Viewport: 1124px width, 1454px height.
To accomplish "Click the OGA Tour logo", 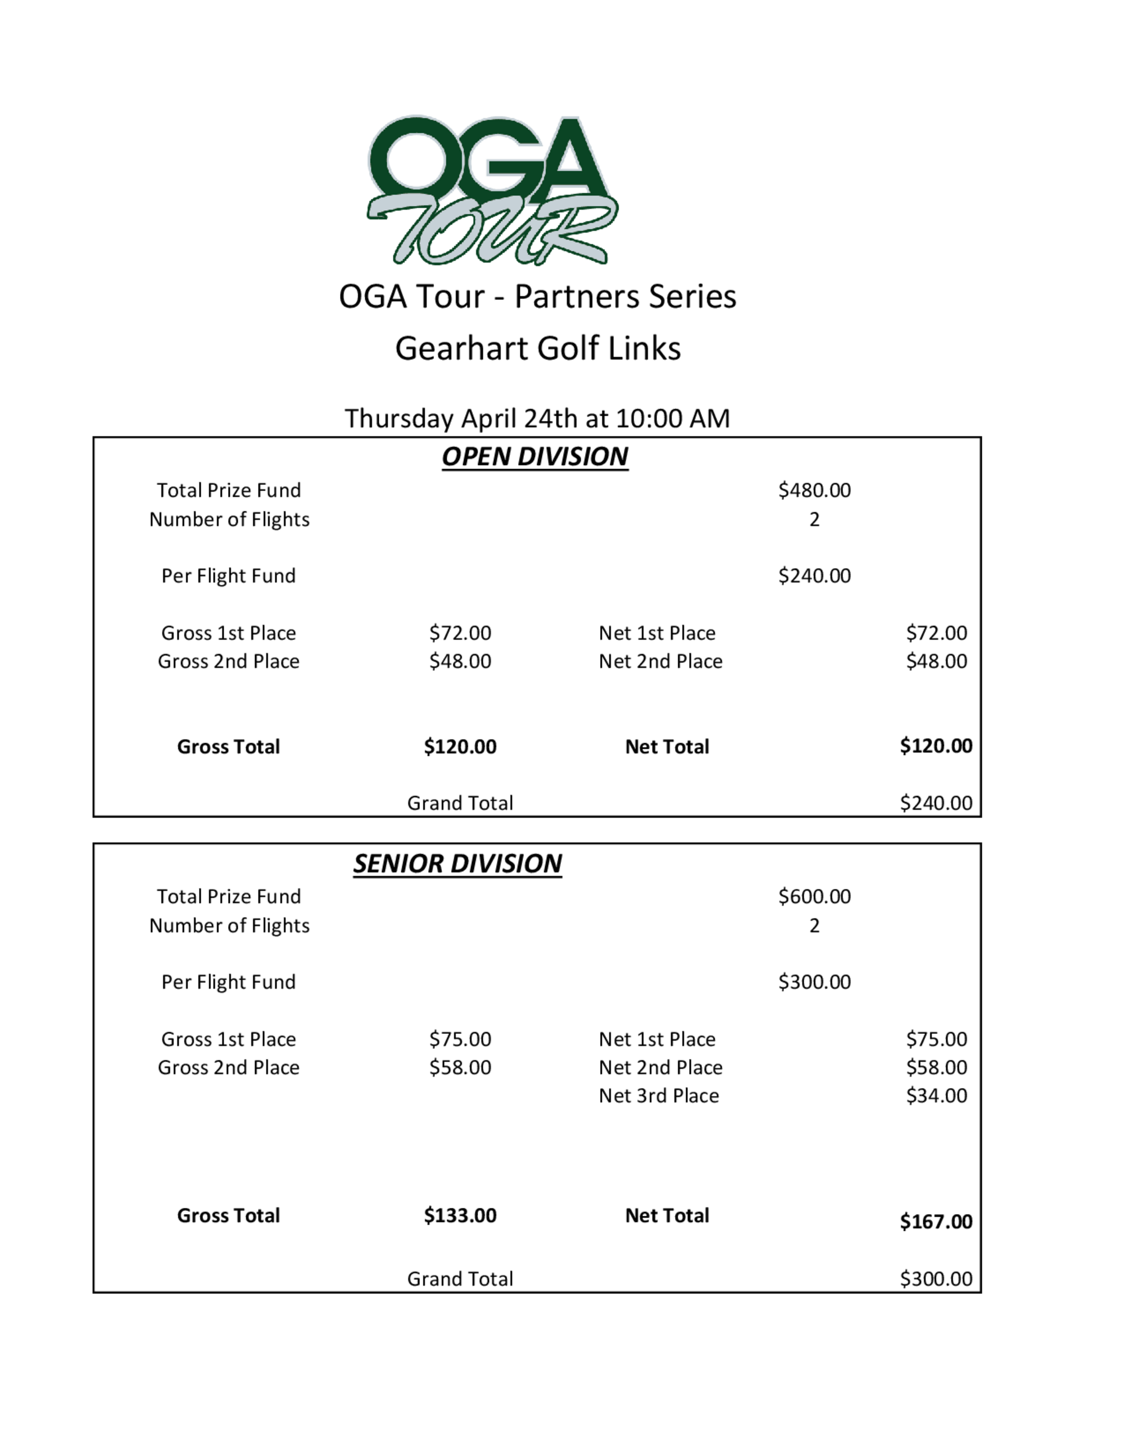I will click(x=491, y=190).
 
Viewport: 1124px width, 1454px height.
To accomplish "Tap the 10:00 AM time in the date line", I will click(x=673, y=419).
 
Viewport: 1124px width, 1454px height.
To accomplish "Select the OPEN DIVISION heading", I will click(x=534, y=457).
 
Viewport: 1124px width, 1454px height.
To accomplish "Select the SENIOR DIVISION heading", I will click(x=457, y=864).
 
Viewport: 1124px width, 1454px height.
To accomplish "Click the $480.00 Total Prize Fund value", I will click(x=814, y=490).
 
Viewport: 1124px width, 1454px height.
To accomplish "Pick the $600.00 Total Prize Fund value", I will click(x=814, y=896).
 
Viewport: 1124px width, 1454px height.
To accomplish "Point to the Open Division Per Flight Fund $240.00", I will click(x=814, y=575).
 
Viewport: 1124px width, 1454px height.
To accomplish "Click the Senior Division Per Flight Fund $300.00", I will click(x=814, y=982).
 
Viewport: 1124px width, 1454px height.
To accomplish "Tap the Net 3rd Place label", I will click(x=659, y=1095).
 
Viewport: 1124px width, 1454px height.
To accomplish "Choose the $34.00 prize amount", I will click(x=936, y=1095).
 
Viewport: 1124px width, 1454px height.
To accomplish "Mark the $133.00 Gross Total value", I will click(x=460, y=1215).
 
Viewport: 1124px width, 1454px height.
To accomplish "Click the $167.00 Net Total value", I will click(x=936, y=1221).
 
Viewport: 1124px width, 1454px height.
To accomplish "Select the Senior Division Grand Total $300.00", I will click(x=936, y=1278).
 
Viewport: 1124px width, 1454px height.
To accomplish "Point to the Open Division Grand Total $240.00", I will click(x=936, y=803).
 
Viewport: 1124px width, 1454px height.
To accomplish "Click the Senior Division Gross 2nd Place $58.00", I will click(x=460, y=1067).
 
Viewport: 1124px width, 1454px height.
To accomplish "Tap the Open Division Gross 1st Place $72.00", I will click(x=460, y=633).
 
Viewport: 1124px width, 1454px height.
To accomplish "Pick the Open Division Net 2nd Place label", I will click(x=660, y=661).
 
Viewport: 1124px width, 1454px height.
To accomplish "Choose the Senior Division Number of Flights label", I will click(x=229, y=925).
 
